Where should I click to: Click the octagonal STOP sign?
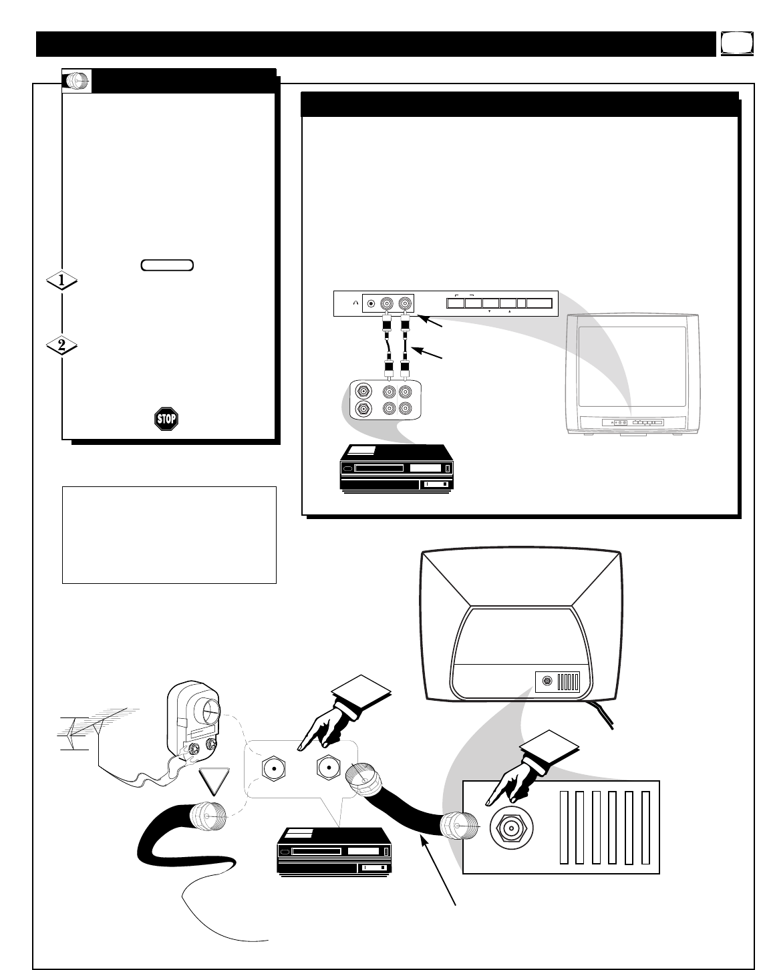166,419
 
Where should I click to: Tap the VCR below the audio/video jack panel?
392,470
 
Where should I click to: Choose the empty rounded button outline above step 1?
168,265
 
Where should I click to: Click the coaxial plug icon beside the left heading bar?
77,81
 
